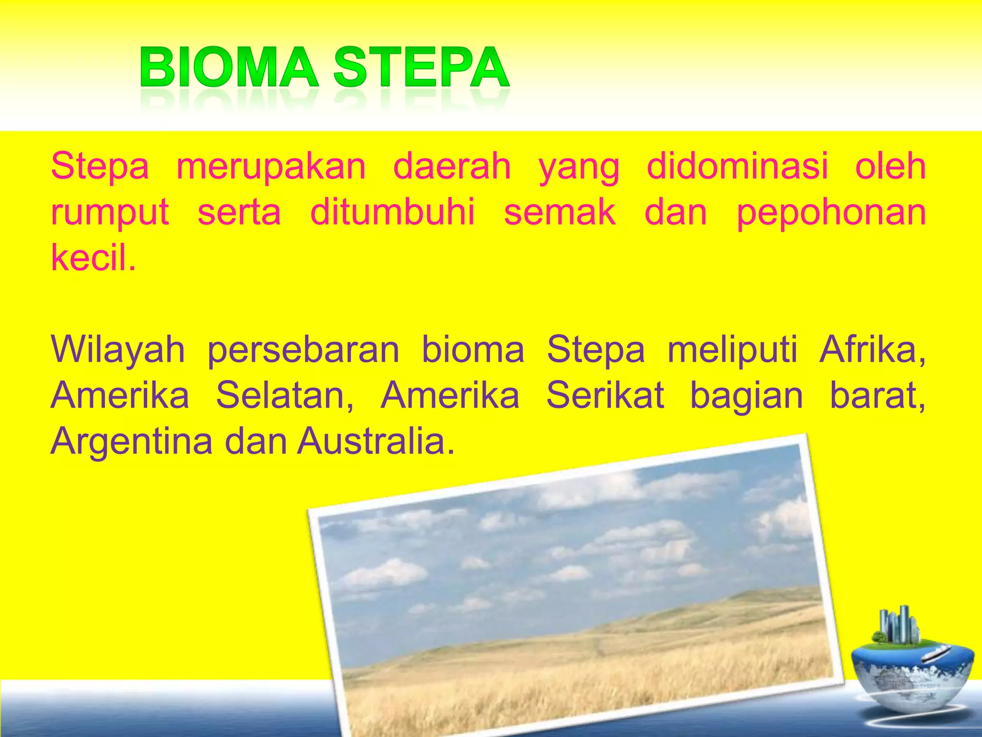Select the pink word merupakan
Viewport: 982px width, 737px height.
pyautogui.click(x=271, y=167)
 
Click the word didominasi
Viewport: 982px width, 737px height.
pyautogui.click(x=737, y=166)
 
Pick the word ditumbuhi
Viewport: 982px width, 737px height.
pyautogui.click(x=392, y=212)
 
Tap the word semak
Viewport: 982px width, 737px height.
pyautogui.click(x=560, y=212)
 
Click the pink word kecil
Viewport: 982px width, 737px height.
pyautogui.click(x=93, y=257)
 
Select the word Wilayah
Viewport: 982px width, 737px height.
pyautogui.click(x=117, y=350)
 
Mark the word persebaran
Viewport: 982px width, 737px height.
pyautogui.click(x=303, y=350)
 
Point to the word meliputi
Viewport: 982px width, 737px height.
pyautogui.click(x=732, y=350)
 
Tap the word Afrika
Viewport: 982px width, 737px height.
pyautogui.click(x=872, y=349)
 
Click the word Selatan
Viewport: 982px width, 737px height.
pyautogui.click(x=285, y=396)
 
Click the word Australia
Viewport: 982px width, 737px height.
pyautogui.click(x=375, y=441)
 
